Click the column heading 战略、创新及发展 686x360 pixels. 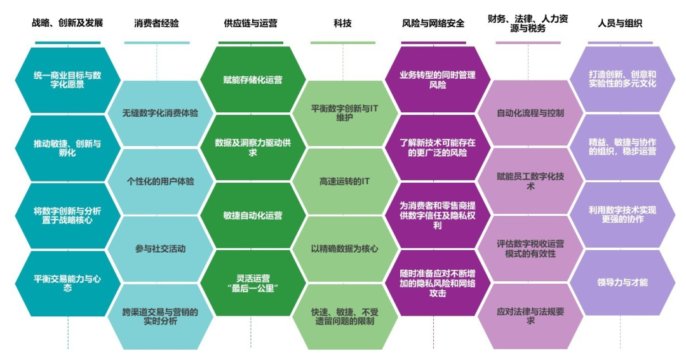click(x=67, y=23)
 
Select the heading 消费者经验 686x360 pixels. click(x=157, y=23)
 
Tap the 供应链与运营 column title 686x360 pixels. click(x=251, y=23)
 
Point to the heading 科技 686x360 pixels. click(x=342, y=23)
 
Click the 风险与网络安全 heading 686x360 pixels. click(x=433, y=23)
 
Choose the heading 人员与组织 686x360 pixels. click(x=620, y=23)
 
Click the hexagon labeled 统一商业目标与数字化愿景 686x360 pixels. click(x=67, y=79)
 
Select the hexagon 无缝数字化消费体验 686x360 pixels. click(x=160, y=113)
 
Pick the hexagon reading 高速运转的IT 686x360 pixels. click(x=344, y=181)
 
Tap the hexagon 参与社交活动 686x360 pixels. click(x=160, y=249)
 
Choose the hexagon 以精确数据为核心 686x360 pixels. click(x=344, y=249)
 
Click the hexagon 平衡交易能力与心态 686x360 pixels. click(x=67, y=283)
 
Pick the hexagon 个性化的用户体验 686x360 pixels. click(x=160, y=181)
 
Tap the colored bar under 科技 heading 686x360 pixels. click(x=342, y=43)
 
